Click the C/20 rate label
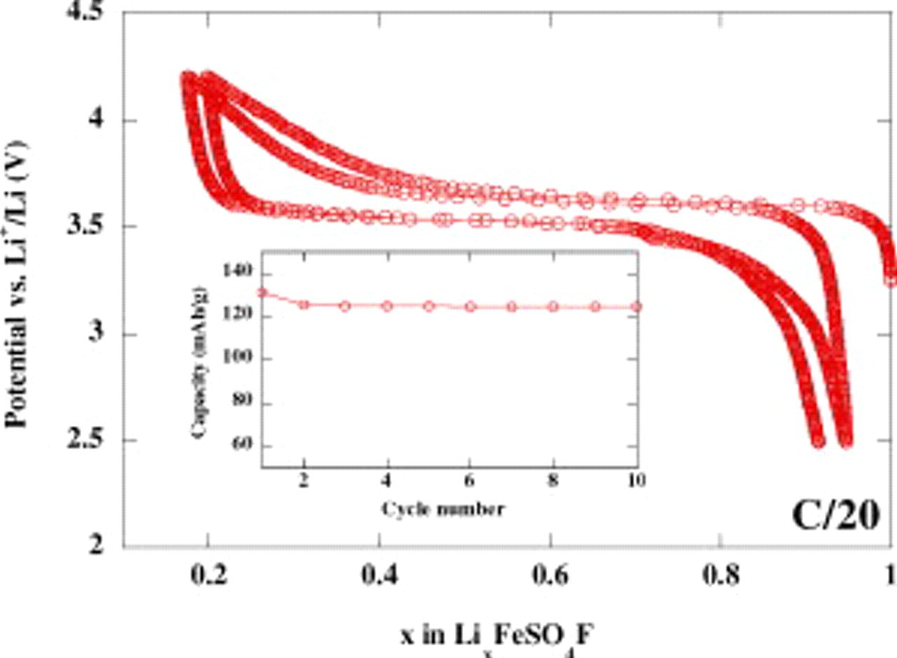[835, 517]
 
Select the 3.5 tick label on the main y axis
[92, 228]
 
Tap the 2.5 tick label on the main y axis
[92, 441]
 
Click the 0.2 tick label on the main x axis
[207, 576]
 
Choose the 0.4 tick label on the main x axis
[379, 576]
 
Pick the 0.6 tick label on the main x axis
[551, 576]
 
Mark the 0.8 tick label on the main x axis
[722, 576]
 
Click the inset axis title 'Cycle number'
[442, 510]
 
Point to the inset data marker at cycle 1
[263, 293]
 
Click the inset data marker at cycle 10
[637, 307]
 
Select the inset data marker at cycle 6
[470, 307]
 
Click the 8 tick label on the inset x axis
[554, 481]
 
